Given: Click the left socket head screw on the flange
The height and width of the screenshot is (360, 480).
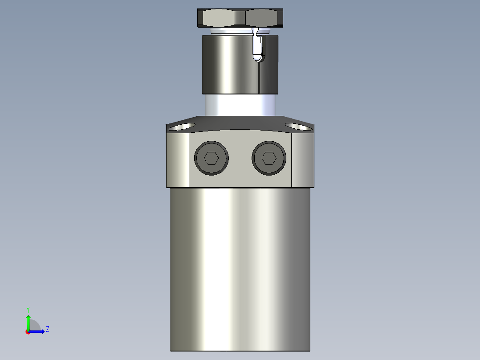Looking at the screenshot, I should click(212, 158).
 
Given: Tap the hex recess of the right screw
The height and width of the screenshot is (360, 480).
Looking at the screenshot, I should click(268, 158).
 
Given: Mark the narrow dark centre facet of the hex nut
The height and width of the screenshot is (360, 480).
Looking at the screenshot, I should click(240, 18).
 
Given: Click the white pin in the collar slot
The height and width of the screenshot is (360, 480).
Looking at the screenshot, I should click(257, 47).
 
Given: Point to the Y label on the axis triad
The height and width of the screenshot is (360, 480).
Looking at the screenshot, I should click(28, 309).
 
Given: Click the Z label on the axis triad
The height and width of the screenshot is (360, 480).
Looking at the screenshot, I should click(47, 329).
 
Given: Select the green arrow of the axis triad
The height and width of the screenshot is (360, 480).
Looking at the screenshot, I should click(28, 322).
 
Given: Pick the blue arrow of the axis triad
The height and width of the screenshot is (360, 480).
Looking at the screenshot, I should click(37, 331).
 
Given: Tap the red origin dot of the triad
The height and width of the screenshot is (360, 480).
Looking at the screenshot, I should click(28, 331).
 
